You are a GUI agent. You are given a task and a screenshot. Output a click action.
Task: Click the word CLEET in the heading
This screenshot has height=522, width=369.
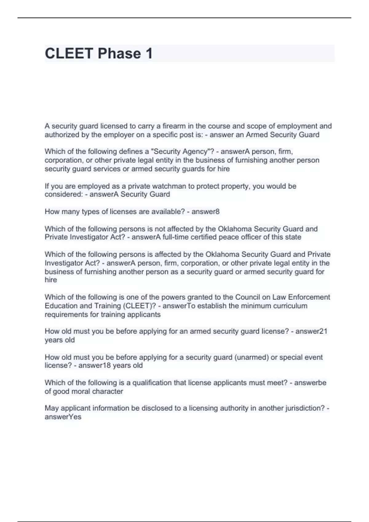[69, 54]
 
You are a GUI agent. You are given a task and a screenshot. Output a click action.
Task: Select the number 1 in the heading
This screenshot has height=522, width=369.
[149, 54]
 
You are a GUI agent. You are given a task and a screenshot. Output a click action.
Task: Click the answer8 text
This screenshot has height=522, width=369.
[205, 212]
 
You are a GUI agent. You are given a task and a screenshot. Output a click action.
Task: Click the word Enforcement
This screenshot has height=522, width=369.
[309, 297]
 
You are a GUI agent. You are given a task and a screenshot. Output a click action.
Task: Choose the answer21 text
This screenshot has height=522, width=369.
[311, 331]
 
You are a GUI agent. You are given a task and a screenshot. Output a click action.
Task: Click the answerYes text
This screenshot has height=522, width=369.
[63, 417]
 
